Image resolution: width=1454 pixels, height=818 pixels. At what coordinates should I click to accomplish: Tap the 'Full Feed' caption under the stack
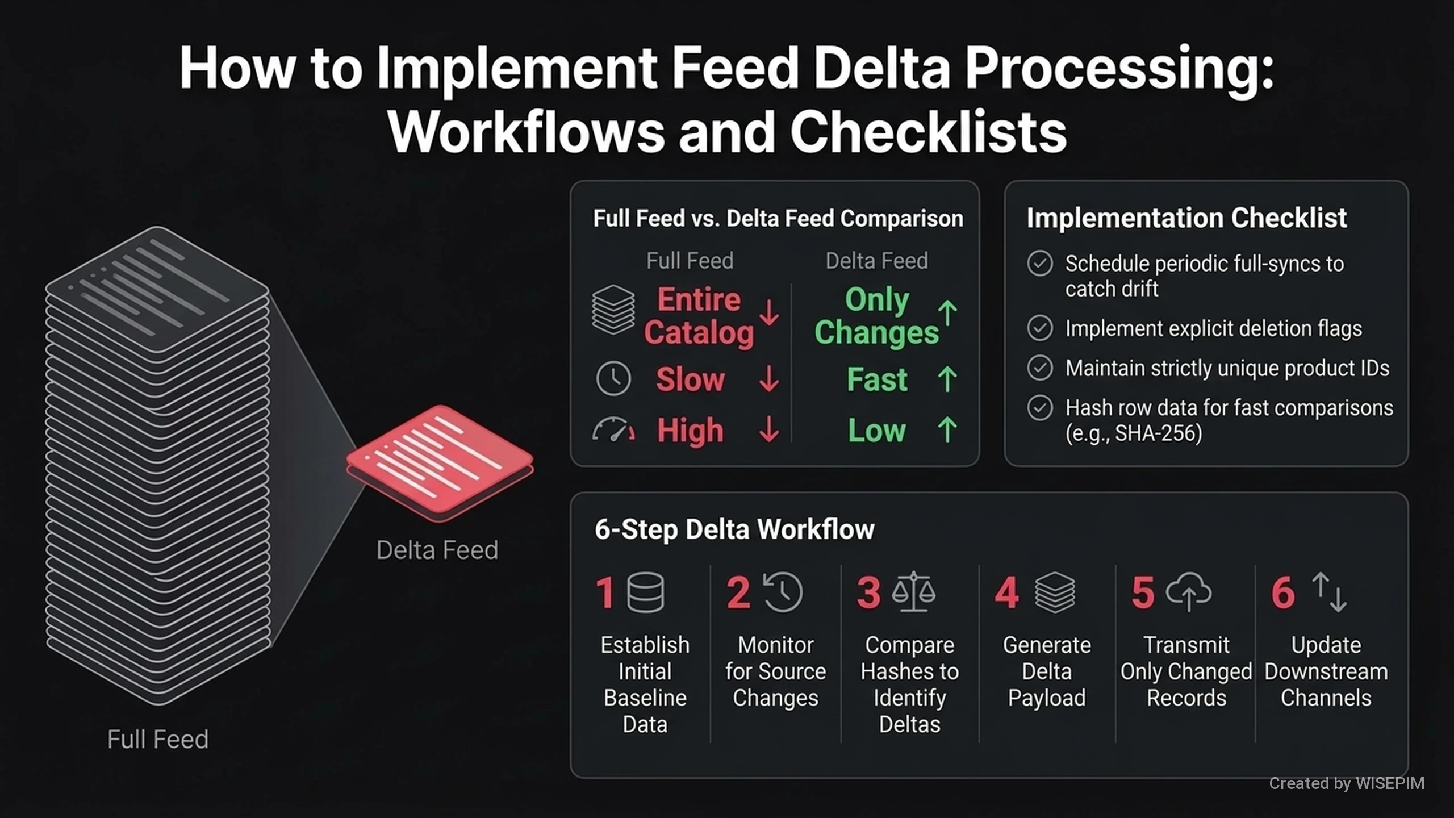(x=158, y=739)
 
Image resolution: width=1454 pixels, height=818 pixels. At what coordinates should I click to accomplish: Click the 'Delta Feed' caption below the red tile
(x=437, y=550)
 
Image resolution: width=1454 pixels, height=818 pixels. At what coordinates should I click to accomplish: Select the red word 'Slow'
(x=691, y=379)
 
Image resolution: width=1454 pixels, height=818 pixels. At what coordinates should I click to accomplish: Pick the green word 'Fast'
(x=877, y=379)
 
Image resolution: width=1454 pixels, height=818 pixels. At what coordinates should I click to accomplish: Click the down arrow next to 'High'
(x=769, y=429)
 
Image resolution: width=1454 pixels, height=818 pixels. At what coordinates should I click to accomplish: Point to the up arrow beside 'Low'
(x=947, y=429)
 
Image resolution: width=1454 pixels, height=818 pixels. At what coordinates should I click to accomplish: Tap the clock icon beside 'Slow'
(x=613, y=378)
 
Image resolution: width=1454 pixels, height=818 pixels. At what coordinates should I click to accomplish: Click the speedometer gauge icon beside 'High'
(x=613, y=430)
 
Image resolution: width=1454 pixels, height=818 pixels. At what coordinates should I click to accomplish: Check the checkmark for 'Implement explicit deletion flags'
(x=1040, y=328)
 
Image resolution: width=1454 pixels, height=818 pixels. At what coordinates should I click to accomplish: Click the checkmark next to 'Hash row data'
(x=1040, y=408)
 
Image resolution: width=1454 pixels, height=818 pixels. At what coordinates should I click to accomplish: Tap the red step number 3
(x=868, y=592)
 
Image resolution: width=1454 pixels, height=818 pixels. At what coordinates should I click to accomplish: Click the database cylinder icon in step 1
(x=646, y=592)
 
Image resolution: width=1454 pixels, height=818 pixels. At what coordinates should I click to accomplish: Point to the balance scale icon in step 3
(x=913, y=591)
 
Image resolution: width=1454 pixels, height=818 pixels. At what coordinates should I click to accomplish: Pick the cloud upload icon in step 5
(x=1188, y=591)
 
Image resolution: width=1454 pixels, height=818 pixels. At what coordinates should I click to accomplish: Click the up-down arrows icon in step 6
(x=1329, y=591)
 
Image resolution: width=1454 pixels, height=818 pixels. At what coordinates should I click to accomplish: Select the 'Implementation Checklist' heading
(x=1186, y=218)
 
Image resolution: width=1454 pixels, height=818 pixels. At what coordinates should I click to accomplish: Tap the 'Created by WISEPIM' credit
(x=1347, y=783)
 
